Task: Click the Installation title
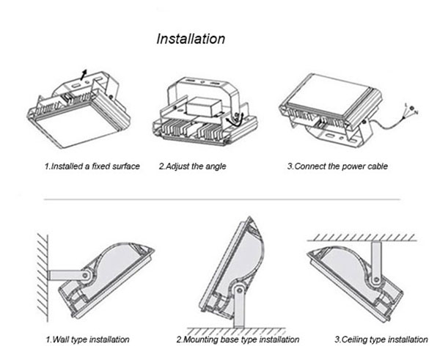[191, 39]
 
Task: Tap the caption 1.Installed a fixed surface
[92, 166]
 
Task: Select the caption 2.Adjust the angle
[192, 166]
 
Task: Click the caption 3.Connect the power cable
[337, 166]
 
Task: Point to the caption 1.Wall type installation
[87, 339]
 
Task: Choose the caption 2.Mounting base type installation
[238, 339]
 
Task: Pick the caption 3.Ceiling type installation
[381, 339]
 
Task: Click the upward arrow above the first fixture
[84, 75]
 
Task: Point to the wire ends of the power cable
[411, 109]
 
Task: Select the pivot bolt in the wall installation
[85, 275]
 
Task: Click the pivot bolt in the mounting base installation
[239, 290]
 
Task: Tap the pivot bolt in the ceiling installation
[376, 280]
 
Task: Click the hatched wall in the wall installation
[43, 278]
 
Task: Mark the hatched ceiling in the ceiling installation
[362, 238]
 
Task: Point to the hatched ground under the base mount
[235, 331]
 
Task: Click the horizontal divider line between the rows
[221, 199]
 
